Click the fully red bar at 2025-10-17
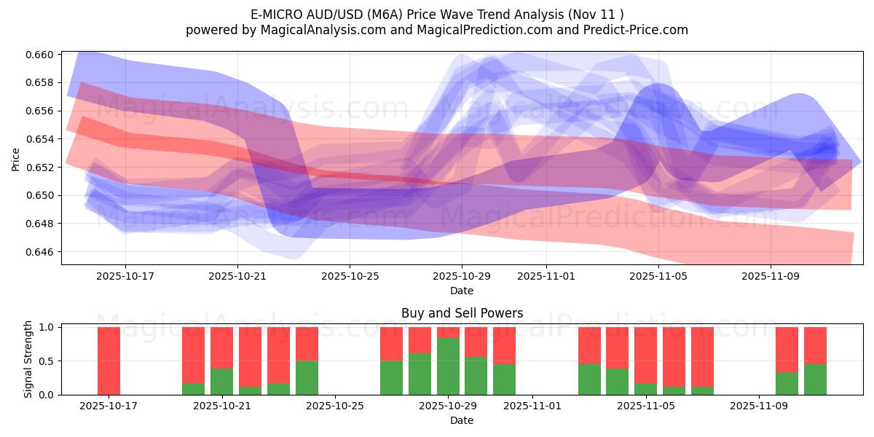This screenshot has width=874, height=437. [109, 361]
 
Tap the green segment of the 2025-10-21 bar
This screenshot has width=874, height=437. [221, 382]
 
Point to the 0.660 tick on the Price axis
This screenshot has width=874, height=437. [43, 55]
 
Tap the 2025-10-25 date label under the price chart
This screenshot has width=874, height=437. [350, 277]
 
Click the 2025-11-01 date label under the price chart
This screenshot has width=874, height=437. [546, 277]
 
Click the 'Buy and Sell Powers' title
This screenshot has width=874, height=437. [462, 313]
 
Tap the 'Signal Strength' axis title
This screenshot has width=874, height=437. [28, 360]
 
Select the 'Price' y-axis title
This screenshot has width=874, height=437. [16, 158]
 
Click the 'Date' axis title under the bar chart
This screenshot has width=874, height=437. [462, 420]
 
